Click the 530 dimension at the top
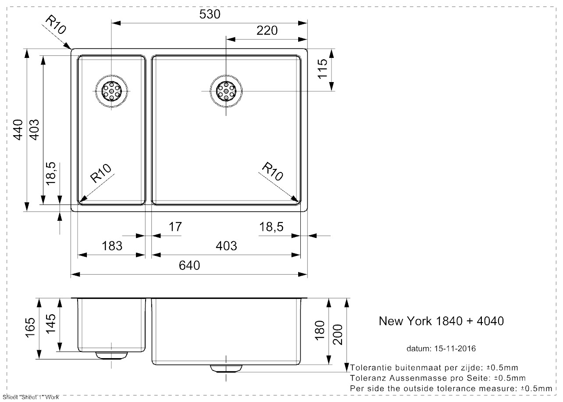(209, 14)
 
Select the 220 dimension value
(267, 30)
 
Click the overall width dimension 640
(189, 266)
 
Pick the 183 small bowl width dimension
(112, 246)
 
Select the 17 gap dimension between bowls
(175, 227)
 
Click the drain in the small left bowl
(111, 91)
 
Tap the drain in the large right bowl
(226, 91)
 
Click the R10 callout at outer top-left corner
(56, 25)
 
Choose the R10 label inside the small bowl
(100, 174)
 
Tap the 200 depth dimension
(337, 334)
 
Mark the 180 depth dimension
(320, 330)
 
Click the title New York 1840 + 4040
(441, 321)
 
